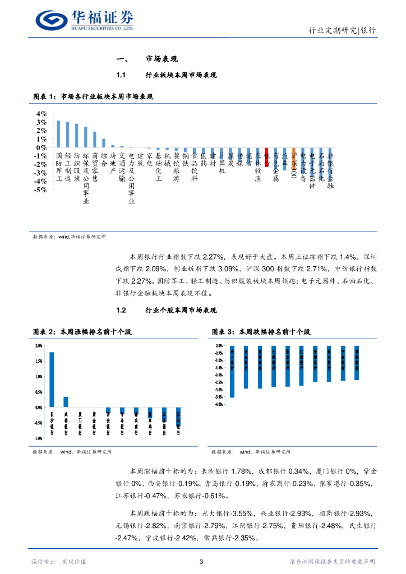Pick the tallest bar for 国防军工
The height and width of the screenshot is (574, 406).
[x=58, y=135]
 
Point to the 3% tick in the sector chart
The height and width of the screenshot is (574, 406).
[x=41, y=122]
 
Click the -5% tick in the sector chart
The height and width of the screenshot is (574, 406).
[x=40, y=190]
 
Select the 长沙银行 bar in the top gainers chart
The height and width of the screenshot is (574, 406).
[x=52, y=379]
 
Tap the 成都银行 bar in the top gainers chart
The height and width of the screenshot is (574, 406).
[x=66, y=402]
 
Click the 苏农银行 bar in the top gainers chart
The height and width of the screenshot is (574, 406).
[x=178, y=416]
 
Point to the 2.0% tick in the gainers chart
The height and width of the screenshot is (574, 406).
[x=38, y=346]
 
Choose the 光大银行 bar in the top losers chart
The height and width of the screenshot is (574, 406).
[x=232, y=371]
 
